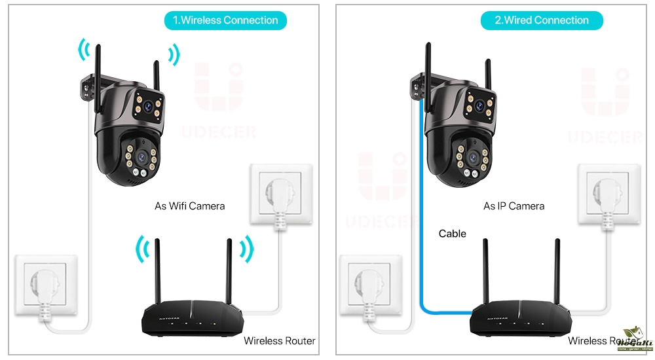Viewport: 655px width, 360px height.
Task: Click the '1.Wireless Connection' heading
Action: [x=225, y=20]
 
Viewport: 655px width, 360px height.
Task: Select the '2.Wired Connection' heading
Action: [x=542, y=20]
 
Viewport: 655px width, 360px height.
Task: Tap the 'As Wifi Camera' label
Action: [x=189, y=206]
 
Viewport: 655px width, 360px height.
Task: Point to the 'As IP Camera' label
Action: [x=514, y=206]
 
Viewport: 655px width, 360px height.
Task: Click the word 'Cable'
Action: [x=453, y=234]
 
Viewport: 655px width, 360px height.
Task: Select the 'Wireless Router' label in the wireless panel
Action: [x=279, y=340]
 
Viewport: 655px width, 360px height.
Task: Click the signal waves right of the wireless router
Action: [x=246, y=249]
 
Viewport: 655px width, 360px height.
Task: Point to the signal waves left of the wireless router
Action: [x=142, y=249]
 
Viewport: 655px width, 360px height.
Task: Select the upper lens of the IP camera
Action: [x=479, y=104]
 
